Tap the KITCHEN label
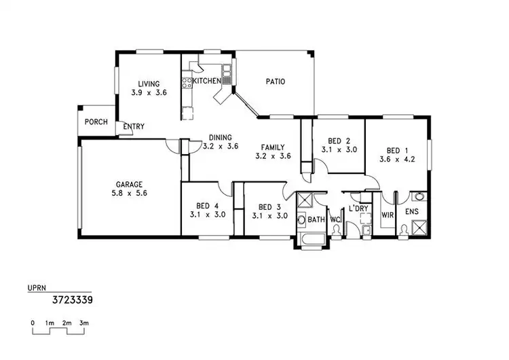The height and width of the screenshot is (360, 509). click(207, 81)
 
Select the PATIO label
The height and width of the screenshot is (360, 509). click(275, 82)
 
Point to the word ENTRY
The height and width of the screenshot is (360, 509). click(133, 126)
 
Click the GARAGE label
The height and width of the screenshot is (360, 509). click(128, 183)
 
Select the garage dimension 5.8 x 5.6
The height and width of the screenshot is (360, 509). click(128, 193)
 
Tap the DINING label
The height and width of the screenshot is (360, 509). click(221, 137)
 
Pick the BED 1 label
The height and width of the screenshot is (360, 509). click(397, 151)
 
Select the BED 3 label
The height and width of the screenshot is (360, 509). click(269, 206)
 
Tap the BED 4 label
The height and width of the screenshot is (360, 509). click(206, 206)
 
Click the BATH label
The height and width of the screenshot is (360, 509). click(316, 220)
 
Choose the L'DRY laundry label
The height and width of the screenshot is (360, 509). click(358, 208)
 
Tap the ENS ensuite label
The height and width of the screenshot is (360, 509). click(412, 212)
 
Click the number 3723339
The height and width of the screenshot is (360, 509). click(72, 298)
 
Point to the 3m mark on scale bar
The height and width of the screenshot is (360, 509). click(84, 323)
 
